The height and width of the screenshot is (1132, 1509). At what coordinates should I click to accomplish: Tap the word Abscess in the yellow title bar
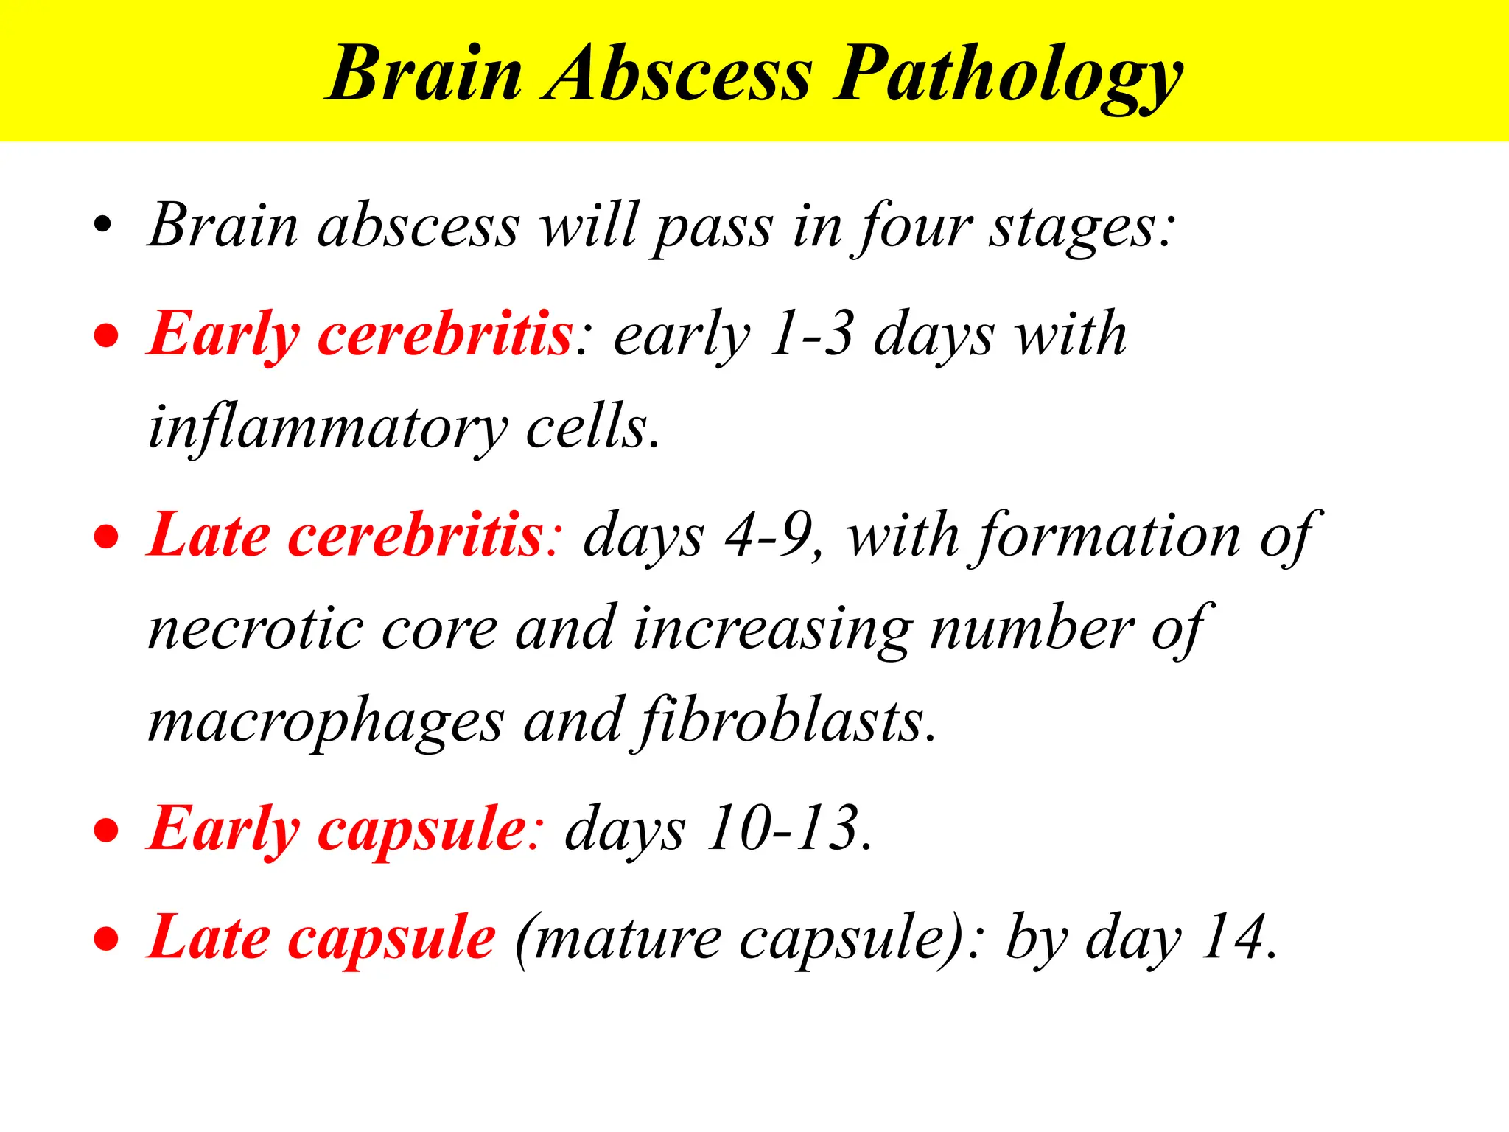678,74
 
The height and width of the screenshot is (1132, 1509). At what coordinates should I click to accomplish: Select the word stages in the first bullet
1079,227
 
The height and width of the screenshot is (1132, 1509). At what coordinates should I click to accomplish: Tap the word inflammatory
328,427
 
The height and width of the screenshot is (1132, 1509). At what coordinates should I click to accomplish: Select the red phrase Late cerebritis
345,535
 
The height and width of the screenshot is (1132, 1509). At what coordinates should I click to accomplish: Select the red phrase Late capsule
321,937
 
